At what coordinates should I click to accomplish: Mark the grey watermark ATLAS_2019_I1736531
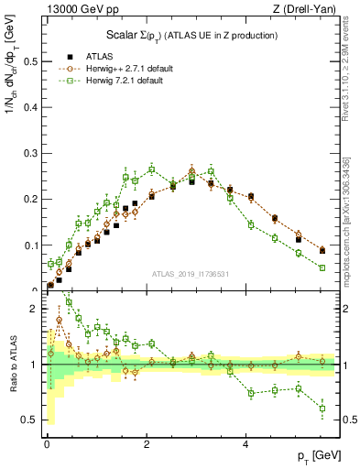pos(192,274)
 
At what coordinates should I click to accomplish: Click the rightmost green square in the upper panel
pos(322,267)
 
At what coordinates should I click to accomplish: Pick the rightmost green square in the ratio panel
pos(322,409)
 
